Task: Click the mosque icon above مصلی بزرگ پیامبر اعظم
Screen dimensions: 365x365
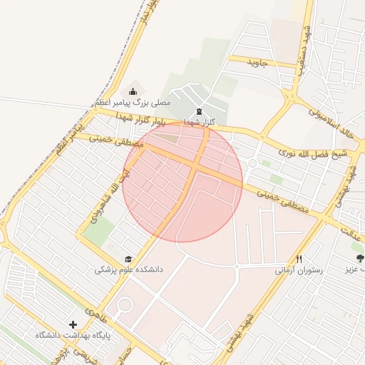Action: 133,91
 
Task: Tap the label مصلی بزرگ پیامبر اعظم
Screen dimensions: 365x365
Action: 133,103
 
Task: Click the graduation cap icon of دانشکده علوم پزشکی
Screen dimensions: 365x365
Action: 128,259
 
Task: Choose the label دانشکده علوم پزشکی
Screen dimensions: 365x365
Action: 129,270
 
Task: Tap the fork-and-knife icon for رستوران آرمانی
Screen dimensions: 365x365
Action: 299,259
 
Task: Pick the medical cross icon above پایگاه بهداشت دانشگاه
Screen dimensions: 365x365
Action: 73,324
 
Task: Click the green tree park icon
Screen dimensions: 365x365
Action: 359,258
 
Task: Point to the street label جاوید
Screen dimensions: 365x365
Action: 257,63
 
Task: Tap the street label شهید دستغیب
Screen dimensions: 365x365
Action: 307,44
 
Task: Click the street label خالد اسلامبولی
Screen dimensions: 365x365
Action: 331,123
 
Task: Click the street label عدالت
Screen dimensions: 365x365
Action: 349,232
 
